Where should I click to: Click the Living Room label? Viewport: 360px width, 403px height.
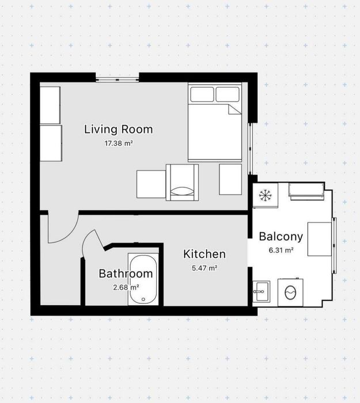(119, 130)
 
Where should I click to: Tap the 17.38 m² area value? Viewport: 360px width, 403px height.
(119, 143)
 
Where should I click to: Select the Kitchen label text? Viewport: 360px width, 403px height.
(204, 254)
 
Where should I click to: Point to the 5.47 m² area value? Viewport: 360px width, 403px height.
(204, 268)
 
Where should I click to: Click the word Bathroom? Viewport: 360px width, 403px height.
(126, 273)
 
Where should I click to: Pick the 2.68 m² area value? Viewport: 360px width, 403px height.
(126, 287)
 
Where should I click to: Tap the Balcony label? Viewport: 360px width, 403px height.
(281, 237)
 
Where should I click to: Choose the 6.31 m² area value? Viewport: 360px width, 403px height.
(281, 250)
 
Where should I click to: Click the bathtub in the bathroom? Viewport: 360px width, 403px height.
(143, 279)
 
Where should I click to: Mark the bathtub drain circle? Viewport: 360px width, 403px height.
(143, 299)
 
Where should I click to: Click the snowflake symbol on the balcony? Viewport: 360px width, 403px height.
(265, 195)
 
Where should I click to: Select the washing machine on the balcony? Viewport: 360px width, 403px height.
(290, 292)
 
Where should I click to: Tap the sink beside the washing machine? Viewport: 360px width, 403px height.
(262, 291)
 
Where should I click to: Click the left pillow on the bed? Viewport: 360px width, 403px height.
(202, 94)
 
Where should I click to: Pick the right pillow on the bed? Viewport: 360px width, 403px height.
(228, 94)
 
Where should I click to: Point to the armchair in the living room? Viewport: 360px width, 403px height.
(182, 183)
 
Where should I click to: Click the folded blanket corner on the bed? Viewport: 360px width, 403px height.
(235, 109)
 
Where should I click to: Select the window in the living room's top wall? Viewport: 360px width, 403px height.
(118, 79)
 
